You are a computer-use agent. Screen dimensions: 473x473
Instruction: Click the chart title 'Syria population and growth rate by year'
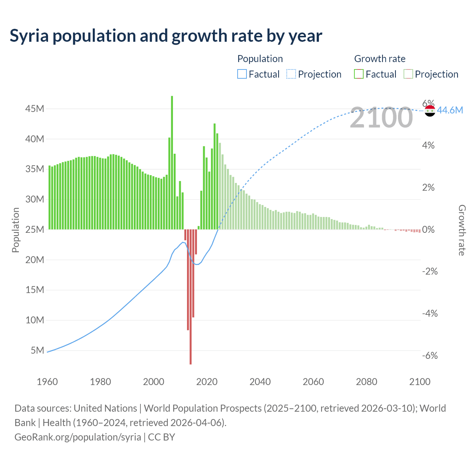click(x=166, y=36)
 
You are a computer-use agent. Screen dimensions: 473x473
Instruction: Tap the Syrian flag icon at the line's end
click(x=430, y=110)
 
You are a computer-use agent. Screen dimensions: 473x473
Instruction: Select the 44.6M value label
click(x=450, y=110)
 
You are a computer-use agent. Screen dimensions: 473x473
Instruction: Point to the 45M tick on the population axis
click(x=35, y=109)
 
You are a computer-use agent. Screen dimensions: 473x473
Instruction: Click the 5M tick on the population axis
click(x=37, y=350)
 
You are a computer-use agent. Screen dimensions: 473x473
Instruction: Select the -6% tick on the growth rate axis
click(x=430, y=355)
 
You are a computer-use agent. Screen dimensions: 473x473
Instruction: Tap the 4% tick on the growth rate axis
click(x=428, y=145)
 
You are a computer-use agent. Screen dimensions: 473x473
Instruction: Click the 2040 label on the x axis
click(x=260, y=382)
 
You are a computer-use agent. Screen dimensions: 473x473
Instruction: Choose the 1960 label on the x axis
click(x=47, y=382)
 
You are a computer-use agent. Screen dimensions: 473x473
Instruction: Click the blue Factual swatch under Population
click(x=242, y=74)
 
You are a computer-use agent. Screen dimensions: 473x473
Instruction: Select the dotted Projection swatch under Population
click(x=291, y=74)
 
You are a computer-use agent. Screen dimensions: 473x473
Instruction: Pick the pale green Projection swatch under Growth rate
click(x=408, y=74)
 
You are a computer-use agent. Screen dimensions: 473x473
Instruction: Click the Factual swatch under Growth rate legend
click(x=359, y=74)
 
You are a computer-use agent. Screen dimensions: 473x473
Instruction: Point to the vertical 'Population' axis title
click(x=16, y=230)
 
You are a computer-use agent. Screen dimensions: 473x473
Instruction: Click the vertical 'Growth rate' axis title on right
click(x=462, y=230)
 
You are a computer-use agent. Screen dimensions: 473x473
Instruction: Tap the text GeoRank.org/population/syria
click(x=78, y=437)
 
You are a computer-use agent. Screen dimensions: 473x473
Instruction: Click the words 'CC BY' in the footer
click(x=161, y=437)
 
